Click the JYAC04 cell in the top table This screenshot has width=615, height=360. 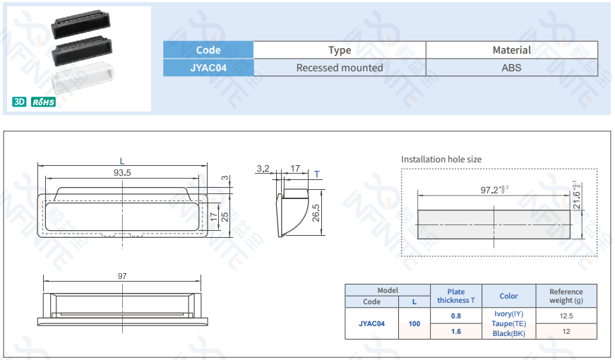coord(208,68)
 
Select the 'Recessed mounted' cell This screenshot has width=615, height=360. coord(340,68)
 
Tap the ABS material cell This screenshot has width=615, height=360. coord(511,68)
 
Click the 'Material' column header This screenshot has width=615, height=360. coord(511,50)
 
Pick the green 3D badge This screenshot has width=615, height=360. coord(19,102)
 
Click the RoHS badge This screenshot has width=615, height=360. coord(43,102)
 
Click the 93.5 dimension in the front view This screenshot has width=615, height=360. coord(122,172)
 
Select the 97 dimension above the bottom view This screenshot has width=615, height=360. coord(122,276)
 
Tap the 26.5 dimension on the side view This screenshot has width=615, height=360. coord(316,212)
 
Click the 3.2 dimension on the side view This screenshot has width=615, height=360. coord(263,168)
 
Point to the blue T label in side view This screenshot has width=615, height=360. coord(317,174)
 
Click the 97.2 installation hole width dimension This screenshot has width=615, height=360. coord(494,190)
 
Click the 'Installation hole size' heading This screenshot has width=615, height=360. coord(441,160)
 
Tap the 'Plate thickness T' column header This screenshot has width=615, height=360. coord(456,296)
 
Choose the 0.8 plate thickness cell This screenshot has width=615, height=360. coord(456,316)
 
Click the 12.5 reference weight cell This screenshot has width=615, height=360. coord(566,316)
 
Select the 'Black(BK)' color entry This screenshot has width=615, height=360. coord(508,333)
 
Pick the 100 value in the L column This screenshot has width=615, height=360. coord(414,324)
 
